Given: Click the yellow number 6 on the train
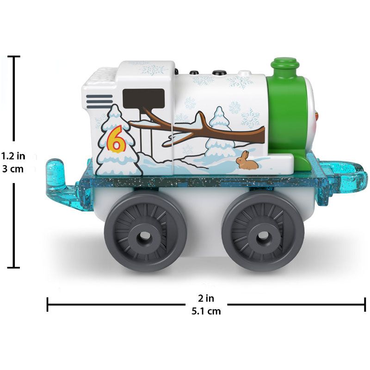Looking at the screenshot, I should (x=117, y=139).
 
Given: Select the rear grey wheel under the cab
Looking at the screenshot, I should (x=145, y=231).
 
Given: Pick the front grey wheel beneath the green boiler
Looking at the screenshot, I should (x=263, y=231).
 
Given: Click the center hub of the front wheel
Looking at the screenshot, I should (x=263, y=235).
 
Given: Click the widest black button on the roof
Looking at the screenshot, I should (x=219, y=72).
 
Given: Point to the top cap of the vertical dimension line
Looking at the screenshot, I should (x=14, y=56).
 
